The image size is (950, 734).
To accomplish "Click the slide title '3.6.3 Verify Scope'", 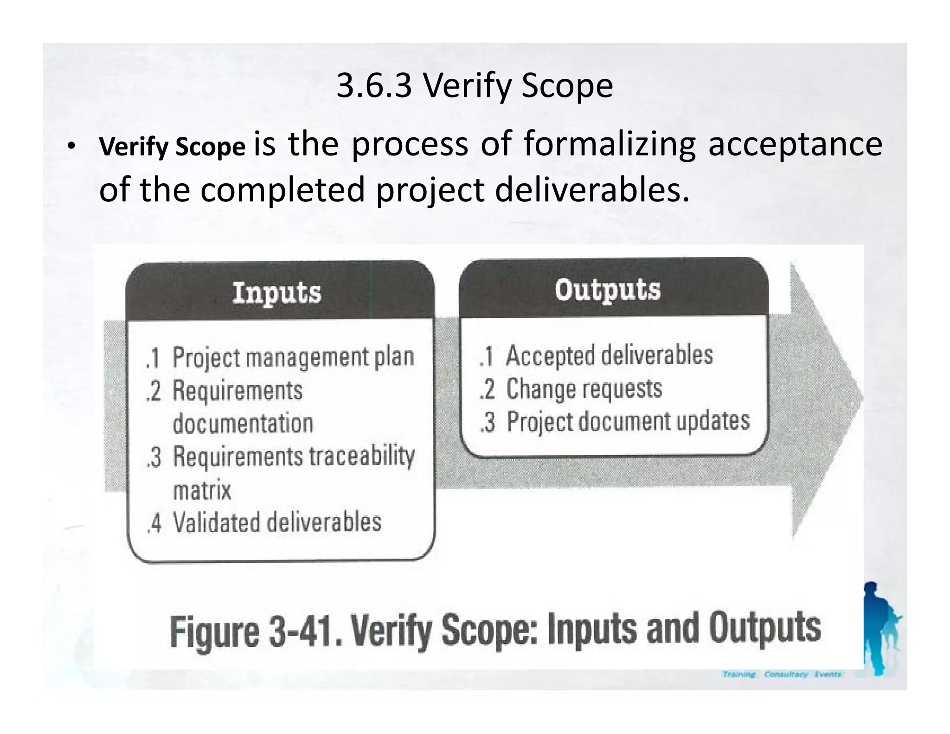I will tap(475, 86).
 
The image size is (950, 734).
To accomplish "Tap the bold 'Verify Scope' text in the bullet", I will tap(172, 147).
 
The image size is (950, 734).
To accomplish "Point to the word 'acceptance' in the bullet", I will tap(795, 144).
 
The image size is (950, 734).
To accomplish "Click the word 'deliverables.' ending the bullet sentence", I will tap(592, 190).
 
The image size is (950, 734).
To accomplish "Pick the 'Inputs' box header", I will tap(277, 293).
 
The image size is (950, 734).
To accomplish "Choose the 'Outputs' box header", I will tap(607, 290).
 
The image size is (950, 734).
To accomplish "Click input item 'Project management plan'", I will tap(293, 357).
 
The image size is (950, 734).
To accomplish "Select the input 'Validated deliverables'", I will tap(277, 522).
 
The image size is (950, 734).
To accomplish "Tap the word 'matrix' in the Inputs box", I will tap(202, 490).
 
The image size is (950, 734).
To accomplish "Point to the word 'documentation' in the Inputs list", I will tap(243, 424).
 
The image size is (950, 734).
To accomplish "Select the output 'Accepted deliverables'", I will tap(609, 356).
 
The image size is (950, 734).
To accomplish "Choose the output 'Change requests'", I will tap(584, 389).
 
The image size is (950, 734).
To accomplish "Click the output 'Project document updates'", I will tap(628, 421).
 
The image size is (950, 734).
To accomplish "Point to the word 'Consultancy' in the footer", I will tap(786, 674).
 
